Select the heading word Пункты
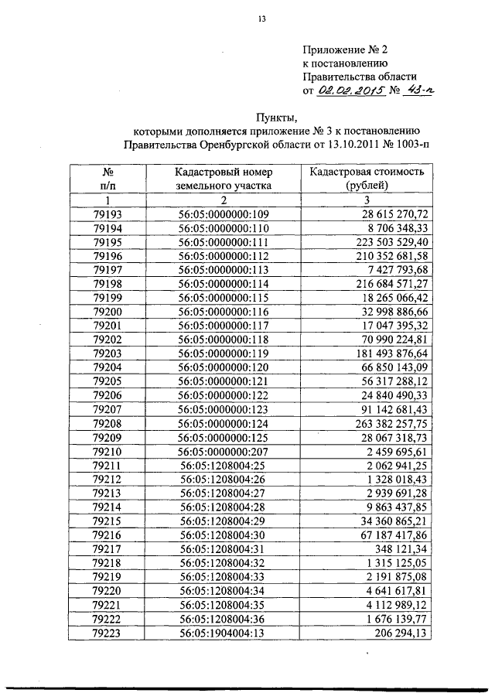[x=277, y=118]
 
